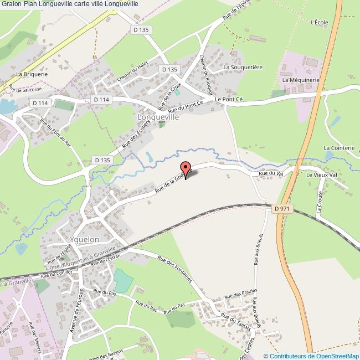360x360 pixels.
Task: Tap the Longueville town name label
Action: coord(159,118)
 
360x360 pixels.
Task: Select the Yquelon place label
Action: coord(85,239)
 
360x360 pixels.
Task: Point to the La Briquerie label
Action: coord(32,74)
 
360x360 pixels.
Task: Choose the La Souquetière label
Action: coord(243,67)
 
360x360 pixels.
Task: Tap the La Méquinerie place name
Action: coord(301,80)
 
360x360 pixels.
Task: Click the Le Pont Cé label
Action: coord(229,99)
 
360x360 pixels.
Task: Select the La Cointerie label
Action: coord(338,148)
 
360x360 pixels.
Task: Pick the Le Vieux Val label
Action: coord(321,174)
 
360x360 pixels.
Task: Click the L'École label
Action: coord(320,23)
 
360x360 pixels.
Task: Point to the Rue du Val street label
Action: coord(271,174)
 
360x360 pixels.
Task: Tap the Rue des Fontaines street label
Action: coord(174,269)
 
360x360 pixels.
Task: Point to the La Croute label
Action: coord(321,205)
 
